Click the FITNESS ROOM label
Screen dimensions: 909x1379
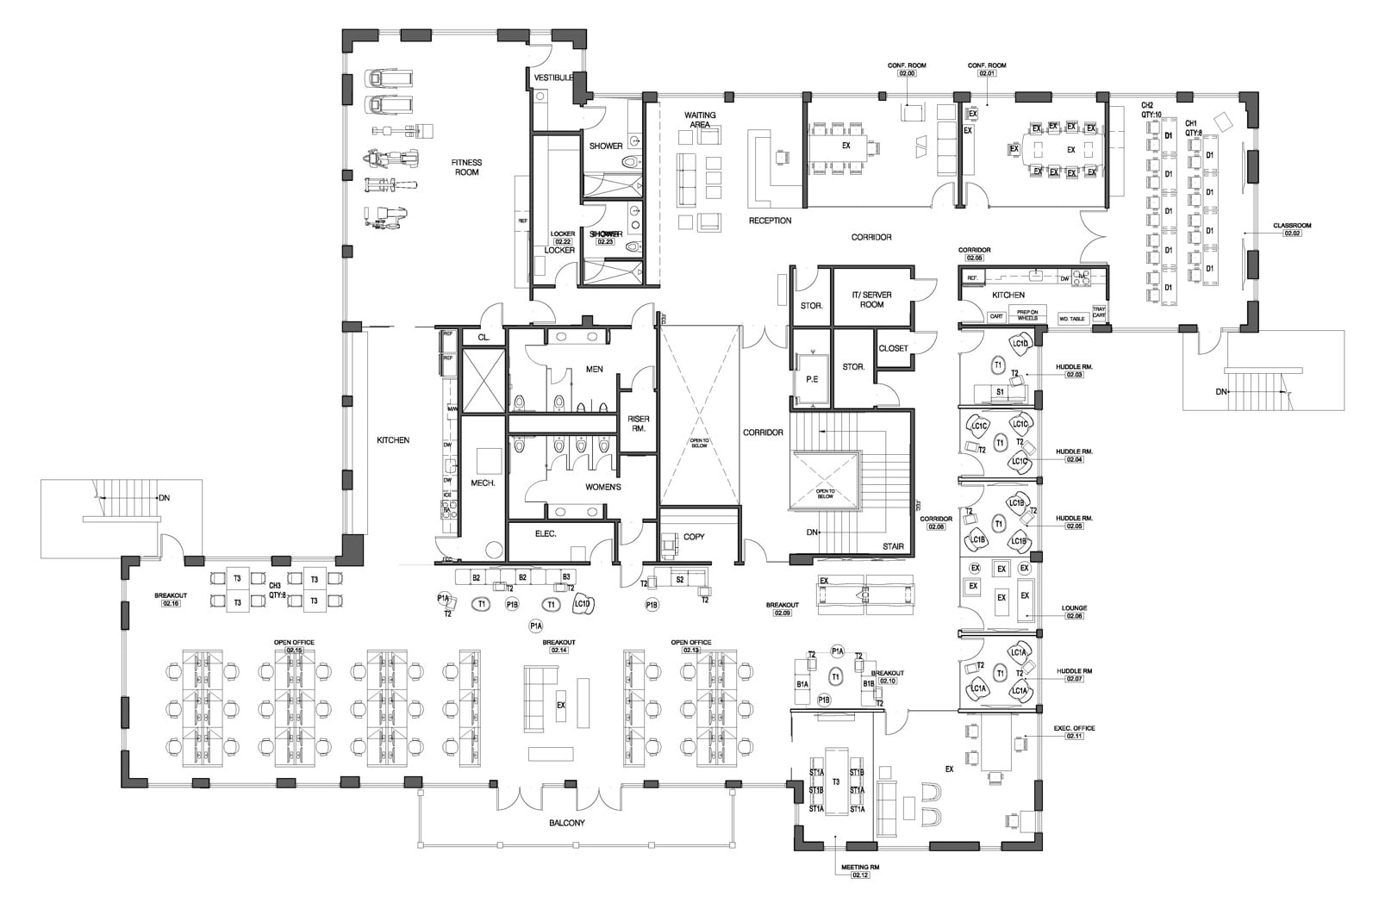click(466, 167)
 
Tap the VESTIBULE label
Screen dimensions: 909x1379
click(553, 78)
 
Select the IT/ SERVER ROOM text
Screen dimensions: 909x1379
click(871, 299)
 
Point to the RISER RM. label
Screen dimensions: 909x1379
click(638, 422)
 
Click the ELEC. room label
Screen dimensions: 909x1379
click(546, 534)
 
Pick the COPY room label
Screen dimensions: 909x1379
click(694, 537)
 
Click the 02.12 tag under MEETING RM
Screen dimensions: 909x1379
click(860, 875)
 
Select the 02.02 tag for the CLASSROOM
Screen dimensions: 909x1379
click(1292, 233)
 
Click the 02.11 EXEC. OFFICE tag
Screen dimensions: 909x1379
click(1074, 737)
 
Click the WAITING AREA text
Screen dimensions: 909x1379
click(700, 120)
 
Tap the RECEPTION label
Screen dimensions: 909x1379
click(770, 221)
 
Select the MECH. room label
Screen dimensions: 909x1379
click(483, 483)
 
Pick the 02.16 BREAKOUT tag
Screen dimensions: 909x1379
click(171, 604)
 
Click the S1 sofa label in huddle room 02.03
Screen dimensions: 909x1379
click(1000, 392)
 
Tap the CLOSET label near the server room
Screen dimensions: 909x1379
click(893, 349)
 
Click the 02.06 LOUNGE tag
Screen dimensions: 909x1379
click(1074, 617)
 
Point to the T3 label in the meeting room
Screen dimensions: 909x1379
click(836, 781)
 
